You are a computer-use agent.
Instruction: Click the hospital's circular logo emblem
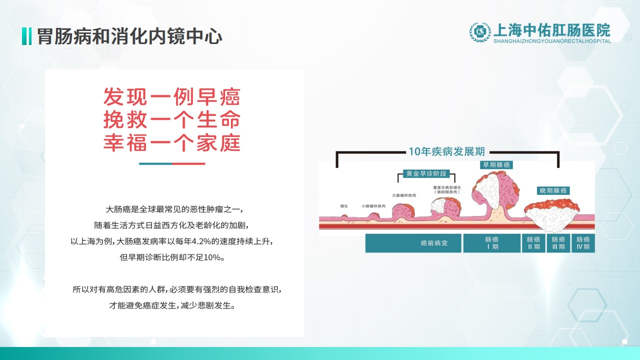pos(480,32)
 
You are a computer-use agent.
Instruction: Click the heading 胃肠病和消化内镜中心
pos(129,36)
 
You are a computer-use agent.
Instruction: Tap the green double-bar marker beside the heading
pos(26,36)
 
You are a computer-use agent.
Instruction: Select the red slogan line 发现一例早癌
pos(171,96)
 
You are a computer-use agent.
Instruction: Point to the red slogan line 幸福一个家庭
pos(171,142)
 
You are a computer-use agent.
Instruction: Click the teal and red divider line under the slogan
pos(172,163)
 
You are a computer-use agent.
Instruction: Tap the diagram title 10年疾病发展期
pos(447,151)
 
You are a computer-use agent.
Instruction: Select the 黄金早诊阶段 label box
pos(426,173)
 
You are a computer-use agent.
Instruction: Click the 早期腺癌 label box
pos(496,165)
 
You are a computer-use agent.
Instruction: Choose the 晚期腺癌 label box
pos(553,190)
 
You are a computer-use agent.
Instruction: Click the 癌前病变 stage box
pos(413,243)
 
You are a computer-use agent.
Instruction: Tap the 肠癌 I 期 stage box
pos(491,243)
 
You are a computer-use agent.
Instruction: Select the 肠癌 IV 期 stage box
pos(583,243)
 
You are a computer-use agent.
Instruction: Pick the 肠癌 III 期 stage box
pos(558,243)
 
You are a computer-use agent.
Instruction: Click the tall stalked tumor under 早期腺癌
pos(495,194)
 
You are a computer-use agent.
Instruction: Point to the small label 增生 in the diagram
pos(344,206)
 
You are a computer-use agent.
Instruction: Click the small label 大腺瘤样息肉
pos(403,195)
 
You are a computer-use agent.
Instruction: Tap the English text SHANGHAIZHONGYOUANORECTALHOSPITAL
pos(552,41)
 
